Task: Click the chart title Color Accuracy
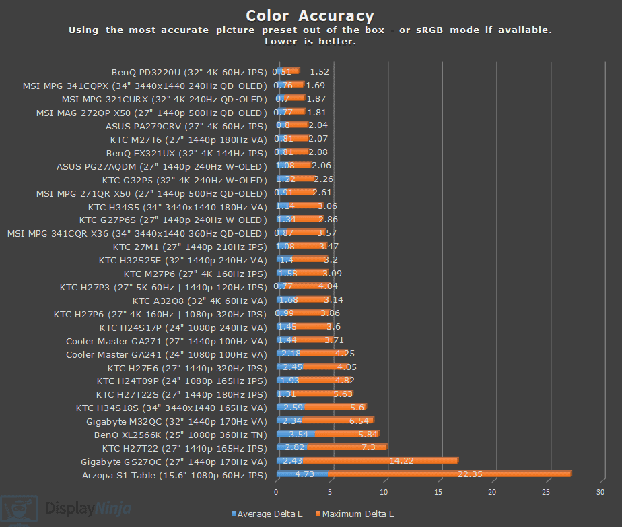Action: (310, 15)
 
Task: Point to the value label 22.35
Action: (471, 474)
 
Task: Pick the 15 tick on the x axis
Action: (439, 493)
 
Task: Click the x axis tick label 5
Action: (331, 493)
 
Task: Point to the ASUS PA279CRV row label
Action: (186, 126)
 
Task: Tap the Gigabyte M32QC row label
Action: (176, 421)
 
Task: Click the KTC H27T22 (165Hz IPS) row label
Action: (184, 448)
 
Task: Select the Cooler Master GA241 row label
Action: (166, 354)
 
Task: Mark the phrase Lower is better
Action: (310, 42)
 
